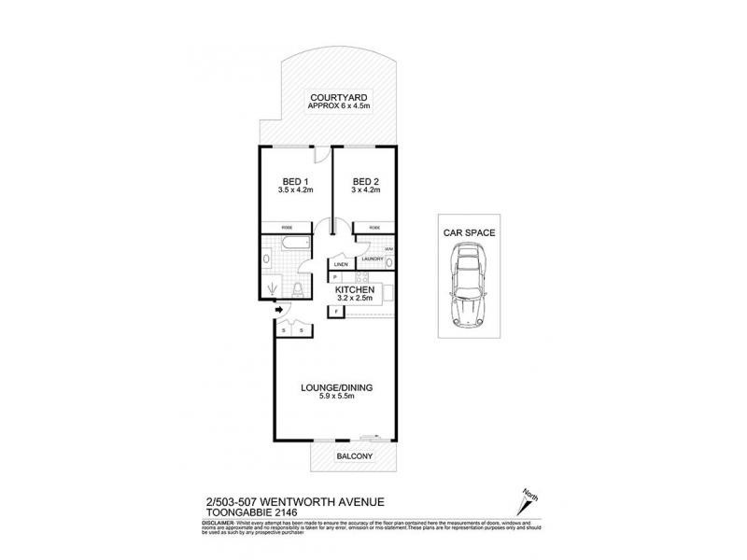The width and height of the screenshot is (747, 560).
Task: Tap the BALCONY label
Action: (354, 456)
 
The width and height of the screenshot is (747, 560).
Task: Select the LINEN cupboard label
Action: (341, 265)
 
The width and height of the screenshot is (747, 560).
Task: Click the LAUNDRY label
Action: (373, 259)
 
